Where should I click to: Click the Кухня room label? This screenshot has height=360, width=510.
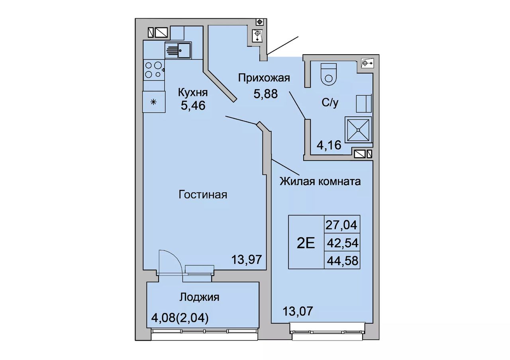pyautogui.click(x=193, y=93)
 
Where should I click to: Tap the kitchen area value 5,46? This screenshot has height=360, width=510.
pyautogui.click(x=193, y=106)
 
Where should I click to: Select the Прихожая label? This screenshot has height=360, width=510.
pyautogui.click(x=264, y=78)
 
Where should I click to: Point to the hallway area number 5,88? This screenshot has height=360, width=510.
pyautogui.click(x=266, y=94)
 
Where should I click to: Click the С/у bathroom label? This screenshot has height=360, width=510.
pyautogui.click(x=330, y=103)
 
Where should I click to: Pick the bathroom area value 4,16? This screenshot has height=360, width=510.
pyautogui.click(x=329, y=145)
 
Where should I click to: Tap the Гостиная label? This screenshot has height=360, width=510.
pyautogui.click(x=203, y=195)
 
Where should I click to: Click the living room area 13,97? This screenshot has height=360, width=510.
pyautogui.click(x=247, y=259)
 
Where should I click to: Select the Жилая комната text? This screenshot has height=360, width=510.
pyautogui.click(x=320, y=182)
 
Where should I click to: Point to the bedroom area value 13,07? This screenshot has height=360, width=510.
pyautogui.click(x=298, y=311)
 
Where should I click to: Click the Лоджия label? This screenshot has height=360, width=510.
pyautogui.click(x=199, y=297)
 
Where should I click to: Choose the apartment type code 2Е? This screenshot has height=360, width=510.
pyautogui.click(x=306, y=243)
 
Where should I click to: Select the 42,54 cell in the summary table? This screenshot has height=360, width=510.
pyautogui.click(x=343, y=243)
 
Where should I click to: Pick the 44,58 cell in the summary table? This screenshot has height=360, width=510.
pyautogui.click(x=343, y=260)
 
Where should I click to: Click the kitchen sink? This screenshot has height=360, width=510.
pyautogui.click(x=178, y=50)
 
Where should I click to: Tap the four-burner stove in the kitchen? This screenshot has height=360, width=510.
pyautogui.click(x=154, y=70)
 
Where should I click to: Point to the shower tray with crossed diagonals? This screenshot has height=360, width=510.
pyautogui.click(x=358, y=130)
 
